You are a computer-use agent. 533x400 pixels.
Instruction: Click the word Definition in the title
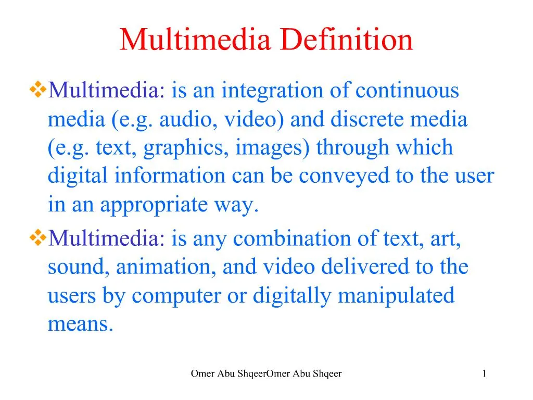(x=347, y=40)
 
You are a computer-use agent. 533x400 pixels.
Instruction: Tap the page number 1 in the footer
(x=484, y=373)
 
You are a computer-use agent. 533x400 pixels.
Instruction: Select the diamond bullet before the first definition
(x=38, y=91)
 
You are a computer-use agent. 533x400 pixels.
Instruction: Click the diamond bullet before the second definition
(x=38, y=239)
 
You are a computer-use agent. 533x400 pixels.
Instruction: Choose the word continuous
(x=408, y=91)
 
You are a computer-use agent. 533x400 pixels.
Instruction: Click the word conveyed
(x=345, y=177)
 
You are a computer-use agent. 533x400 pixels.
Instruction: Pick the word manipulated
(x=396, y=296)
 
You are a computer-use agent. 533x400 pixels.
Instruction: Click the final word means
(x=80, y=324)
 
